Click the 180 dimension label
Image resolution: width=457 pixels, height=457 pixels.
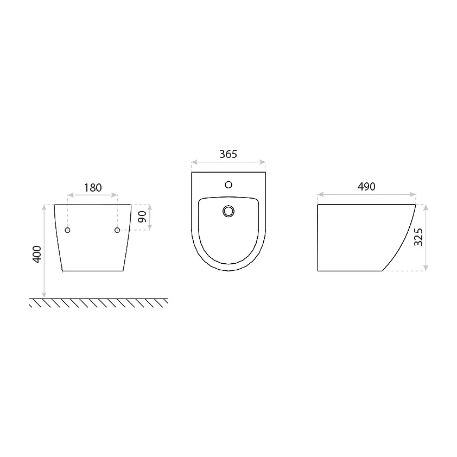tap(93, 188)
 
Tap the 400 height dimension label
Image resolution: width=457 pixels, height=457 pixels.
tap(37, 255)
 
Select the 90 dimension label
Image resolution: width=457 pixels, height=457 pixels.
tap(142, 217)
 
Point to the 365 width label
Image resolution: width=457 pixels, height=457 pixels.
tap(228, 154)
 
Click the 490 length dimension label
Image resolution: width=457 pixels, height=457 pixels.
tap(366, 187)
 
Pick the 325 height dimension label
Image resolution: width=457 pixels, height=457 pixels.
tap(418, 237)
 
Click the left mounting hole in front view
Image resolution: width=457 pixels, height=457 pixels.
tap(68, 230)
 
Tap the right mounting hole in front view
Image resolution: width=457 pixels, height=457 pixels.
tap(117, 230)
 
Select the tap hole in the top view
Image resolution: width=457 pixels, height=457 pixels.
tap(228, 185)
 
